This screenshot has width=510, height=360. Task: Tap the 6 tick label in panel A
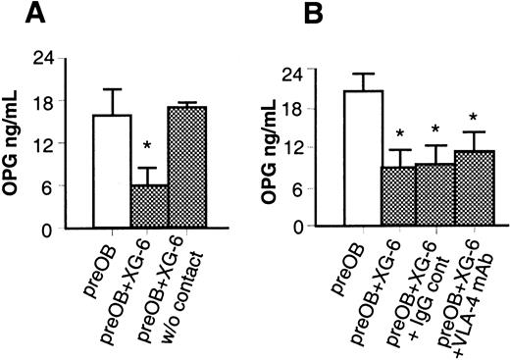(x=47, y=186)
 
